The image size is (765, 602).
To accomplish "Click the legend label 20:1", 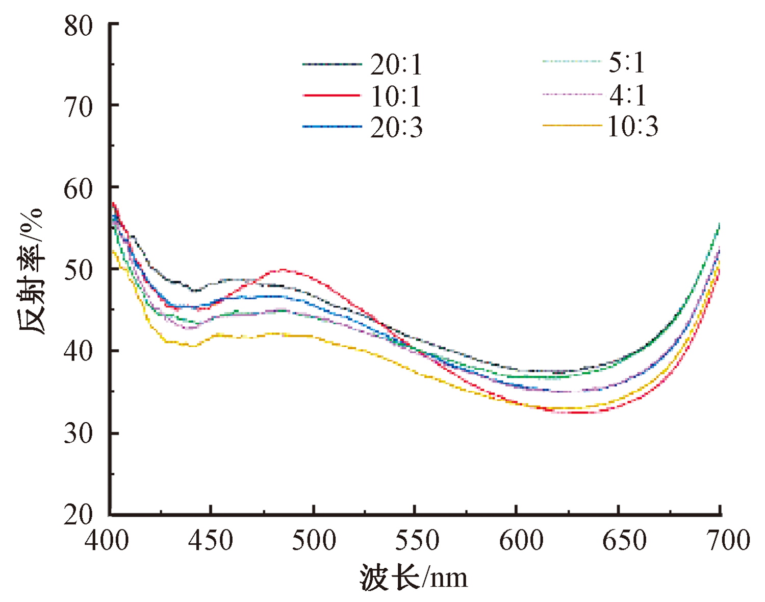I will (x=396, y=65).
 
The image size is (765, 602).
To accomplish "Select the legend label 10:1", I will (x=396, y=97).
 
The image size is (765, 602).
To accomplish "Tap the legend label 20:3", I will (x=396, y=127).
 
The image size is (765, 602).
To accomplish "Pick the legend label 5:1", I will (x=627, y=63).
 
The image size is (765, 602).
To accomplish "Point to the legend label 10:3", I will (x=632, y=126).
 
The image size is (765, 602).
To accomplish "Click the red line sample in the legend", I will (x=331, y=95).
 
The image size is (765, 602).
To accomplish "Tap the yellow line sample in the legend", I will (x=571, y=125).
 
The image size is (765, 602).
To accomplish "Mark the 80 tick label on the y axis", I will (x=79, y=26).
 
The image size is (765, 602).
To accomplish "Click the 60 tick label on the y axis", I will (x=79, y=189).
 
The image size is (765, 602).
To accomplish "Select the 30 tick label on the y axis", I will (x=79, y=434).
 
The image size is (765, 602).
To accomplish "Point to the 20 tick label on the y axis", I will (x=79, y=515).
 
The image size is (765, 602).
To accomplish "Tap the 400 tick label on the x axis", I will (x=107, y=540).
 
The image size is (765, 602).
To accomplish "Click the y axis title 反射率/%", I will (x=32, y=271).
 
